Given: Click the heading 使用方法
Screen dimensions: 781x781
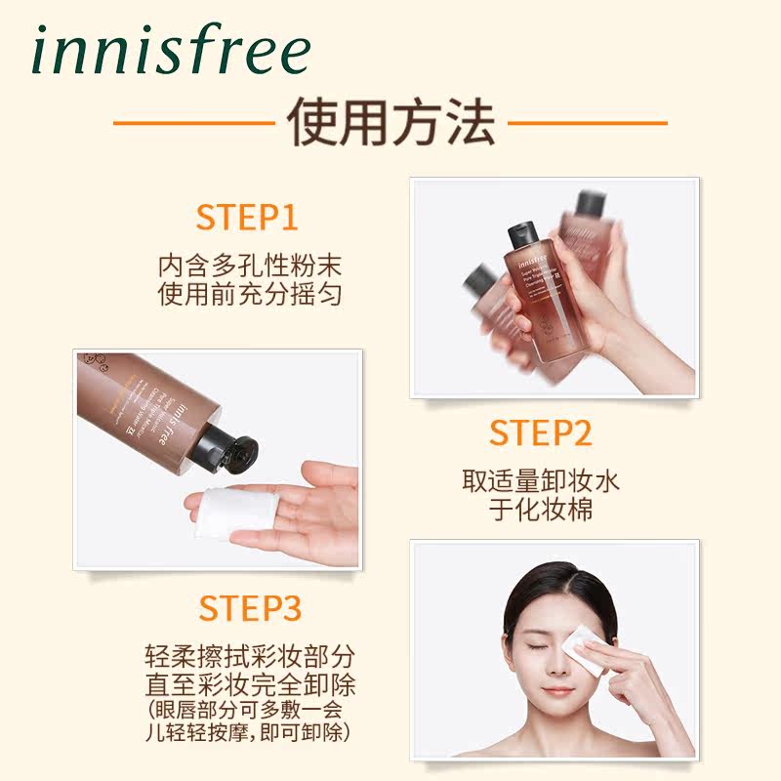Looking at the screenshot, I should click(x=390, y=124).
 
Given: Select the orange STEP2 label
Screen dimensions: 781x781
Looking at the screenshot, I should click(x=541, y=432).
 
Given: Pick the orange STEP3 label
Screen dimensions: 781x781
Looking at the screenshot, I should click(x=250, y=607).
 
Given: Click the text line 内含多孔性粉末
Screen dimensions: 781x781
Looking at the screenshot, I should click(x=250, y=265).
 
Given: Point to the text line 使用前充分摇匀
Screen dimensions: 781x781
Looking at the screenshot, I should click(x=250, y=294).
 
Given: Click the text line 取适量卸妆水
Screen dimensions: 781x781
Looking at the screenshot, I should click(x=541, y=480).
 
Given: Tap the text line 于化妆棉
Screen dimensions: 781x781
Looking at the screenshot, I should click(x=541, y=510).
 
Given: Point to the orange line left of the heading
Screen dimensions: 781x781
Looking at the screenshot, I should click(x=191, y=125).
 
